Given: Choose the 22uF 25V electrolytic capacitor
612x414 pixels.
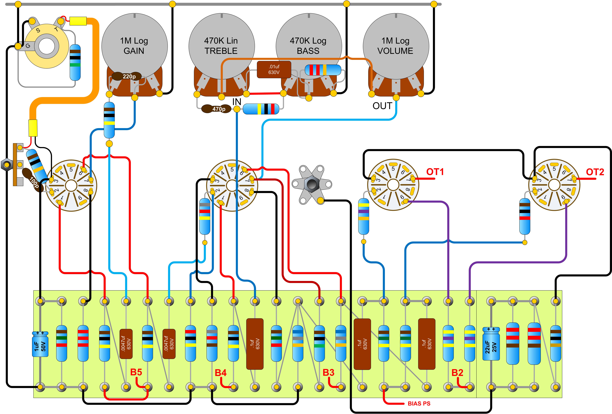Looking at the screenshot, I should pyautogui.click(x=491, y=344).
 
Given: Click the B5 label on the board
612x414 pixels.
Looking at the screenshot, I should pyautogui.click(x=136, y=372).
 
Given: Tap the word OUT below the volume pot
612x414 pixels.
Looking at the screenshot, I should pyautogui.click(x=382, y=106).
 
